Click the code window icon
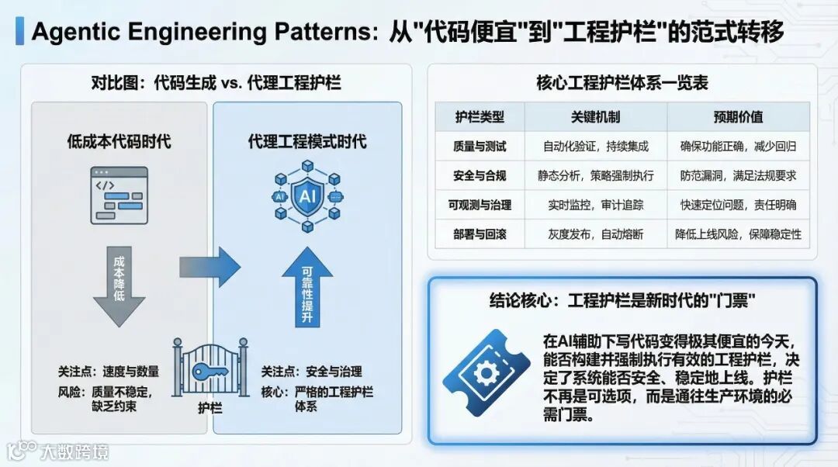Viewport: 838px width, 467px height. pos(119,195)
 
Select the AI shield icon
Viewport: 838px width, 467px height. pos(306,197)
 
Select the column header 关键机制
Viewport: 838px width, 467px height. pos(595,117)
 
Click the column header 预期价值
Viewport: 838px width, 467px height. pos(738,117)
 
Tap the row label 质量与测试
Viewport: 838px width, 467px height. pos(480,146)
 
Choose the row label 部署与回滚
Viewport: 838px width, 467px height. pos(480,233)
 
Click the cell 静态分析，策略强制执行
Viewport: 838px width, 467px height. pos(595,175)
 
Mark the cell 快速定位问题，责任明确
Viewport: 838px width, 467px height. pos(738,205)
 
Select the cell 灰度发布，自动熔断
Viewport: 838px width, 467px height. pos(595,233)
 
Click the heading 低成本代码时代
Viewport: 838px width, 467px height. pos(119,141)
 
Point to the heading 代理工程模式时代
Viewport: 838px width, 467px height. pos(307,141)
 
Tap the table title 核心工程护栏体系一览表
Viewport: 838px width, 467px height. pos(622,82)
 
